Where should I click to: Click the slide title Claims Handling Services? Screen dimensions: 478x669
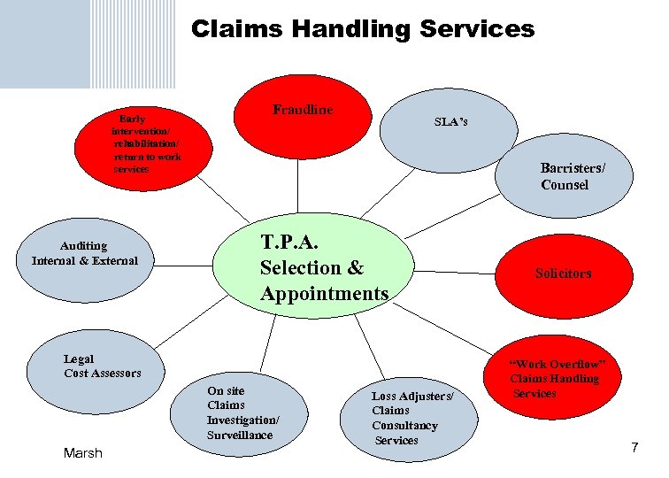coord(363,29)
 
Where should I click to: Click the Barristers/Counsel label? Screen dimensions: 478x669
coord(573,176)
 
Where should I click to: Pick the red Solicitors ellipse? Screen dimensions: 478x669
coord(563,274)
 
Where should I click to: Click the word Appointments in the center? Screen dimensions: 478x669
coord(324,293)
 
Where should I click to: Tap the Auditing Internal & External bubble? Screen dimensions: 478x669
coord(85,254)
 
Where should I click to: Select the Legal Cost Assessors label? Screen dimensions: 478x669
coord(102,366)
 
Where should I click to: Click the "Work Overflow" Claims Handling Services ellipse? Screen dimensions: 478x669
coord(557,379)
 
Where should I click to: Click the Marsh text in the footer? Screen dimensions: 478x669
coord(83,453)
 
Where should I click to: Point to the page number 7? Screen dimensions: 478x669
coord(634,449)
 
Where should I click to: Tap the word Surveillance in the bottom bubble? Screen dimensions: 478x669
coord(240,435)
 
